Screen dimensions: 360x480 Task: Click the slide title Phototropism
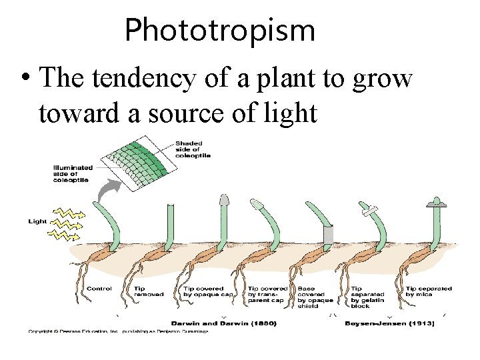coord(219,31)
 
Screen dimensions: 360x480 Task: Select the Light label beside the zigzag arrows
coord(38,220)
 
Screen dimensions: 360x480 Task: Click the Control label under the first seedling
coord(99,289)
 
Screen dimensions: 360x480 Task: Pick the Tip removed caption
coord(149,292)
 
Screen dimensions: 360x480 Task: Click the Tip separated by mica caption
coord(429,292)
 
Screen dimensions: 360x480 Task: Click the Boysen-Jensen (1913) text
coord(389,323)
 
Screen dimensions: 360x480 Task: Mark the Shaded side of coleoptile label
coord(193,150)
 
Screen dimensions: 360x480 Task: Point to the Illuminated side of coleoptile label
coord(73,173)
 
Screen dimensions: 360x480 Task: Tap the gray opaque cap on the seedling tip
coord(225,199)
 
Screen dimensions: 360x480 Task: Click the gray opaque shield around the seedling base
coord(327,235)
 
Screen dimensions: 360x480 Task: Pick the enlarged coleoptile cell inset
coord(136,164)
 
